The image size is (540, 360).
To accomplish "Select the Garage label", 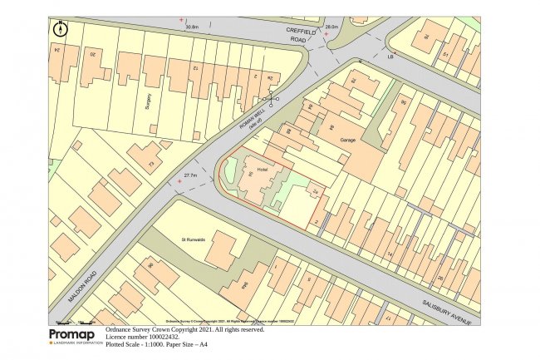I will point(347,140).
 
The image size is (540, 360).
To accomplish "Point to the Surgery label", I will point(149,101).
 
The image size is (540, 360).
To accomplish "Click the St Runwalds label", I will point(193,239).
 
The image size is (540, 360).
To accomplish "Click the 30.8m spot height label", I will point(193,27).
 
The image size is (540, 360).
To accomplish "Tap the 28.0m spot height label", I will point(331,27).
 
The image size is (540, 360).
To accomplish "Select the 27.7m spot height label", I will point(189,175).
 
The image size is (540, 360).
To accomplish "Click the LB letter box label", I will point(390,57).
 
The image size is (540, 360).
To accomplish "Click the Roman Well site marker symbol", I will point(269,98).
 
